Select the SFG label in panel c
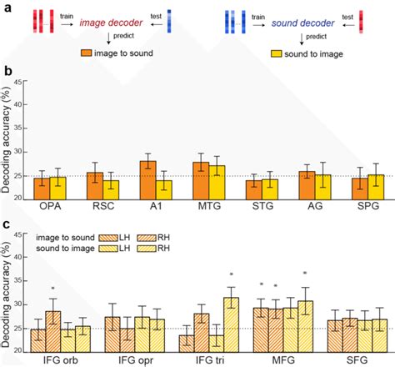[x=357, y=359]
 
